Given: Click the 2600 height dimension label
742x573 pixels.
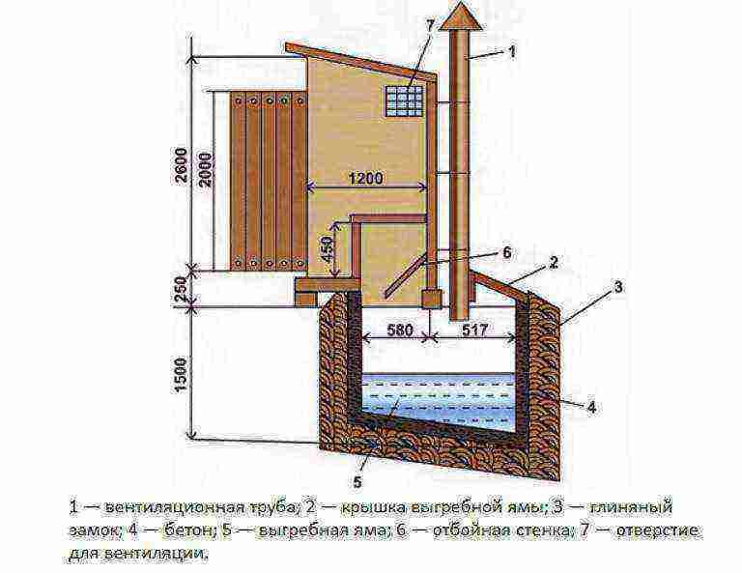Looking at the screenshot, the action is pos(181,165).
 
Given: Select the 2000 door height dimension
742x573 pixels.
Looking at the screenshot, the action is pos(206,169).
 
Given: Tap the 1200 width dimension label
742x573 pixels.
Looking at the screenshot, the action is pos(365,179).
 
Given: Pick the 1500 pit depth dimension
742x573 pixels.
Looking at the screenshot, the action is pos(182,374).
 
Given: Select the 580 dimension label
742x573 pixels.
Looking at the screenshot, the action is pos(400,329).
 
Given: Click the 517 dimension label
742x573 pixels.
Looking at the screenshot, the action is pos(473,329).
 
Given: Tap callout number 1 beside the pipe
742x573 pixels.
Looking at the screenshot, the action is pos(511,51).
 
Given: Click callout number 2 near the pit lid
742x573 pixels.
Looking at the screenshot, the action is pos(554,263).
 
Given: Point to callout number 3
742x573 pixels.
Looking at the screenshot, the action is pos(618,287).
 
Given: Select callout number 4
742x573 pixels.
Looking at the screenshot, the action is pos(591,407).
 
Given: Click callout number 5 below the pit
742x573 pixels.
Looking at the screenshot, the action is pos(357,481).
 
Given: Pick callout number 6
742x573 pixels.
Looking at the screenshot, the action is pos(507,252).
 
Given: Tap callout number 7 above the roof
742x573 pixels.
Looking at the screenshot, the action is pos(429,24).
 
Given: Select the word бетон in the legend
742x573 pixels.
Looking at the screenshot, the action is pos(186,530).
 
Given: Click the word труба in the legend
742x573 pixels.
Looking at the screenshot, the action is pos(273,508).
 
